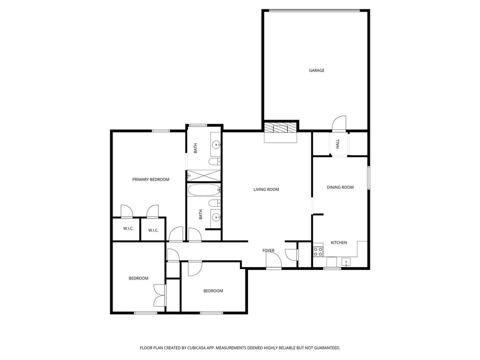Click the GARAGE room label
point(316,70)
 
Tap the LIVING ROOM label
point(266,189)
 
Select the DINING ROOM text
point(340,187)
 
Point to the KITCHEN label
point(339,243)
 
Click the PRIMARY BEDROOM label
point(150,180)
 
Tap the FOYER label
point(269,251)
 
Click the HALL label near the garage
point(337,144)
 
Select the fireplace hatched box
point(277,128)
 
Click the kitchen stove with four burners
point(318,252)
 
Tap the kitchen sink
point(346,262)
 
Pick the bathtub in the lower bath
point(204,190)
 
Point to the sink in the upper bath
point(216,144)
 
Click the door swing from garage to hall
point(339,124)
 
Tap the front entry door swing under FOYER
point(274,260)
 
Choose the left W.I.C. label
point(128,229)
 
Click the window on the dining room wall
point(369,178)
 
